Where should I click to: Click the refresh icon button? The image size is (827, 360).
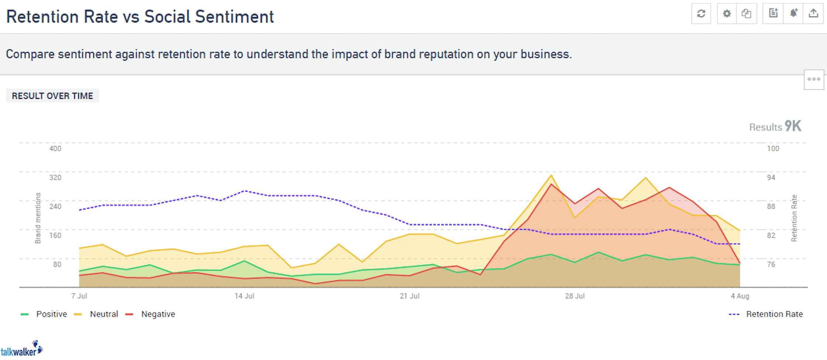pyautogui.click(x=701, y=14)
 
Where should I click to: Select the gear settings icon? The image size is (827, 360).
pyautogui.click(x=727, y=14)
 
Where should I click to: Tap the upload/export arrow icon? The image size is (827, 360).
pyautogui.click(x=813, y=14)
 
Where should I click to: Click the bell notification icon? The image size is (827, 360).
pyautogui.click(x=793, y=14)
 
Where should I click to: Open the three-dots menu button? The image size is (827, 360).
pyautogui.click(x=814, y=79)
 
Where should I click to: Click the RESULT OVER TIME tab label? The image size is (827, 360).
pyautogui.click(x=52, y=96)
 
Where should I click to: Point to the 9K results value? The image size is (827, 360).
pyautogui.click(x=793, y=127)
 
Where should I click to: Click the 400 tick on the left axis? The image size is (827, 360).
pyautogui.click(x=55, y=149)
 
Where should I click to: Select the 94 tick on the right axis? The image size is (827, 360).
pyautogui.click(x=771, y=178)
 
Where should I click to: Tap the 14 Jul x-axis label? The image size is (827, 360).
pyautogui.click(x=244, y=296)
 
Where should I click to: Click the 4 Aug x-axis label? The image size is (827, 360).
pyautogui.click(x=740, y=296)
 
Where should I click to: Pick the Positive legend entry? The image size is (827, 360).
pyautogui.click(x=51, y=314)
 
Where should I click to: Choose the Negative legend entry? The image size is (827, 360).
pyautogui.click(x=158, y=314)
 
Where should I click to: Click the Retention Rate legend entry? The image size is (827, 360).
pyautogui.click(x=774, y=314)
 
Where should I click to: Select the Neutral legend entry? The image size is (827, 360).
pyautogui.click(x=104, y=314)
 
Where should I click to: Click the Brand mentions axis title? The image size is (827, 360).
pyautogui.click(x=38, y=218)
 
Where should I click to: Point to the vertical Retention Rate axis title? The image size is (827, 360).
pyautogui.click(x=794, y=218)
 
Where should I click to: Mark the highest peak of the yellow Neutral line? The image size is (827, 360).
pyautogui.click(x=551, y=175)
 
